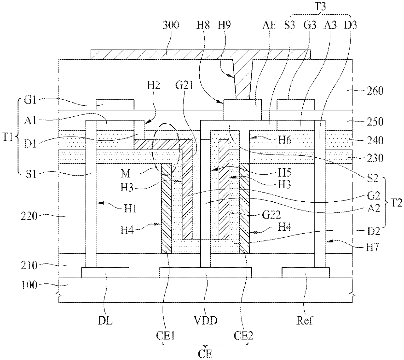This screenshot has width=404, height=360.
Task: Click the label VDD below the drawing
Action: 206,321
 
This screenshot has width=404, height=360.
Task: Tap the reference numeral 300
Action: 171,25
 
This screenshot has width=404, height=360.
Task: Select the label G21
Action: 184,85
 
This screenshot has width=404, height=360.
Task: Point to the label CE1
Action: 165,336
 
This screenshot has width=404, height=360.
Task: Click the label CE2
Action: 243,336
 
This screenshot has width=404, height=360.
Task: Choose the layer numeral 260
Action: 375,91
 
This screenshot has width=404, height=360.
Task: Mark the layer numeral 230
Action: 375,158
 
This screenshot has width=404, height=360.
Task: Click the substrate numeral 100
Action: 29,285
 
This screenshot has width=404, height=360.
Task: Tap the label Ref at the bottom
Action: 305,321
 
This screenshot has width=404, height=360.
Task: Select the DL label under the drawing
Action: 105,321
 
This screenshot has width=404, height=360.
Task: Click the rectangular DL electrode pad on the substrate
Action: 105,272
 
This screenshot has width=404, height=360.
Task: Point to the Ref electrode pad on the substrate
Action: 306,272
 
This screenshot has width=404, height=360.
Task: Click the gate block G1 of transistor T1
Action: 115,105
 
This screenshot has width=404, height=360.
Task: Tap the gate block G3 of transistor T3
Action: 296,105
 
